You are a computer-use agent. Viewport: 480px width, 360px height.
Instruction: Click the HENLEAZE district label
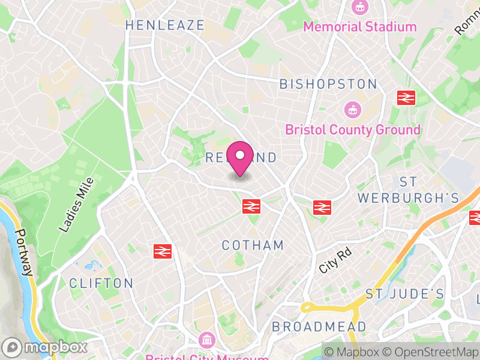click(x=165, y=25)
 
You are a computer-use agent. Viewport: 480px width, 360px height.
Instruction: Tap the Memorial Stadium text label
click(x=359, y=26)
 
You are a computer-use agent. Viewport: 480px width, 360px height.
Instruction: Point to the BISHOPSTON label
click(x=328, y=84)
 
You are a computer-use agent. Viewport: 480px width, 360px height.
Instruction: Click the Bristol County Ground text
click(x=353, y=130)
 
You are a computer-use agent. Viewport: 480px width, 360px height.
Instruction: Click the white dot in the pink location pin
click(x=240, y=155)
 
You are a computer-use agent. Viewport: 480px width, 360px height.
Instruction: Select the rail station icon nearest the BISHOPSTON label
click(x=406, y=97)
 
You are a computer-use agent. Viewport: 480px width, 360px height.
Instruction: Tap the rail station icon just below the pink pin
click(x=251, y=206)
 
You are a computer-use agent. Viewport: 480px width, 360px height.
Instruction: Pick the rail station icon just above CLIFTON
click(x=162, y=251)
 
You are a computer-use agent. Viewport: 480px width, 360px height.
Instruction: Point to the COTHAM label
click(x=253, y=245)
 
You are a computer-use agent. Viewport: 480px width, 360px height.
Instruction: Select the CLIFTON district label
click(x=101, y=283)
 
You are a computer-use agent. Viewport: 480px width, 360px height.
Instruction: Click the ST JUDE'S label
click(x=405, y=294)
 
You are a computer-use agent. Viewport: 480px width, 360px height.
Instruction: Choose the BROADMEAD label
click(x=319, y=327)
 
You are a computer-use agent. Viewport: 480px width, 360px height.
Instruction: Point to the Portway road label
click(x=23, y=253)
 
